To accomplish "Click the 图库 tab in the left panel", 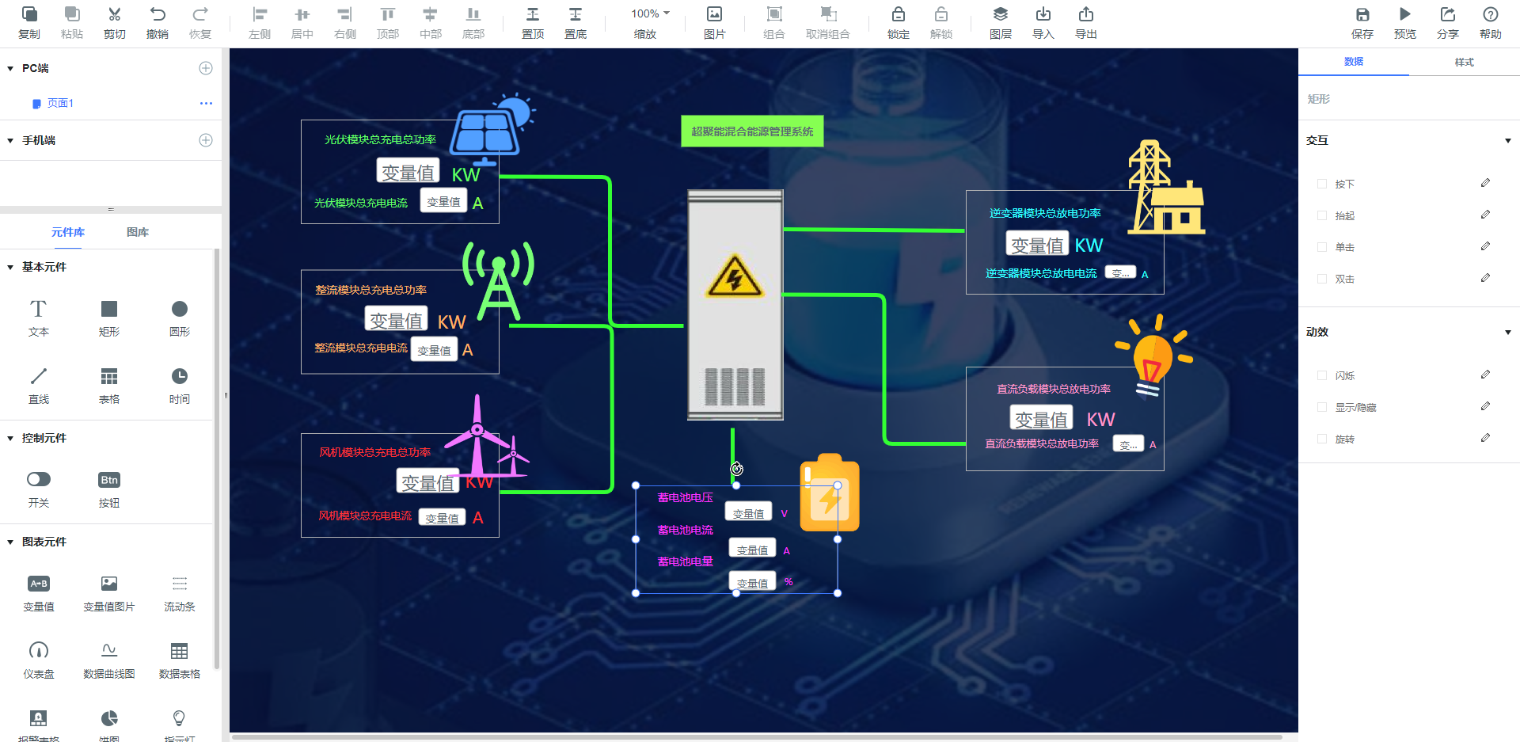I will [x=138, y=232].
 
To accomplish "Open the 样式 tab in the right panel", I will [x=1464, y=62].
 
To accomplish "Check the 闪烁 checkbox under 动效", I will [x=1321, y=375].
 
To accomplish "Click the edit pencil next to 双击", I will [x=1485, y=278].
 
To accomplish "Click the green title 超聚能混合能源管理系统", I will [x=752, y=131].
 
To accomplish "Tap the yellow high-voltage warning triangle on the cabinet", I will [x=735, y=276].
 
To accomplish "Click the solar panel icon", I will [x=487, y=131].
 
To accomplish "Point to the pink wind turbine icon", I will [x=478, y=439].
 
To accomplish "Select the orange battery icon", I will [x=829, y=494].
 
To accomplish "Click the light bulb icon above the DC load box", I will [x=1153, y=354].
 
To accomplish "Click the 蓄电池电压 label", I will [x=685, y=498].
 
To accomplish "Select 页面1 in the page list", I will [x=60, y=103].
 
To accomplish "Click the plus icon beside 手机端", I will [x=206, y=140].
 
